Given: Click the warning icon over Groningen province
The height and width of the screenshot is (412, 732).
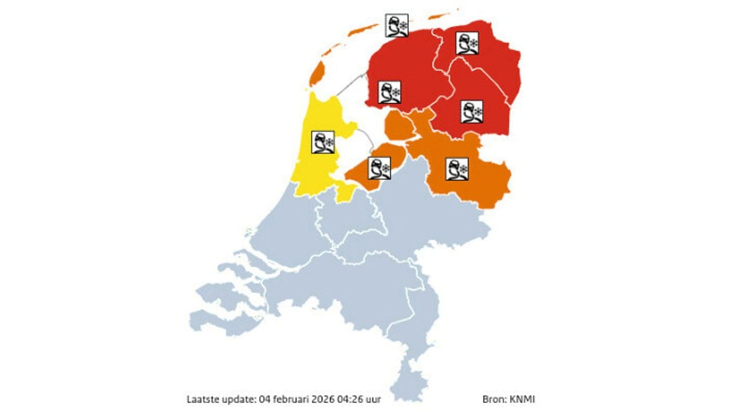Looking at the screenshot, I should pyautogui.click(x=467, y=43).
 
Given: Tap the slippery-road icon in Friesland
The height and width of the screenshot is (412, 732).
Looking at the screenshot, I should pyautogui.click(x=389, y=92).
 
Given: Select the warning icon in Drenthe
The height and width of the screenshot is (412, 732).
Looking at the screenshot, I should pyautogui.click(x=472, y=112).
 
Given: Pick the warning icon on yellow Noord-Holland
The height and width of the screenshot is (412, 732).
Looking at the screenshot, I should pyautogui.click(x=323, y=142).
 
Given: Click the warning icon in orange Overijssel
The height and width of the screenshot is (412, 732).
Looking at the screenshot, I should pyautogui.click(x=456, y=168).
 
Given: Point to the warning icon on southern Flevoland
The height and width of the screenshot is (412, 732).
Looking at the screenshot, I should pyautogui.click(x=379, y=168).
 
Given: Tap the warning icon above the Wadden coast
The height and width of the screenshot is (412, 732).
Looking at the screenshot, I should pyautogui.click(x=397, y=26).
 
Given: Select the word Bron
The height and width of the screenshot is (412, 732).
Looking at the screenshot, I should pyautogui.click(x=493, y=398).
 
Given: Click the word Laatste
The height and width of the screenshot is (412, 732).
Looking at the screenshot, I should pyautogui.click(x=202, y=398).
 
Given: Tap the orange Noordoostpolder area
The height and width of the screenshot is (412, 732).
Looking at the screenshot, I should pyautogui.click(x=399, y=126).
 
